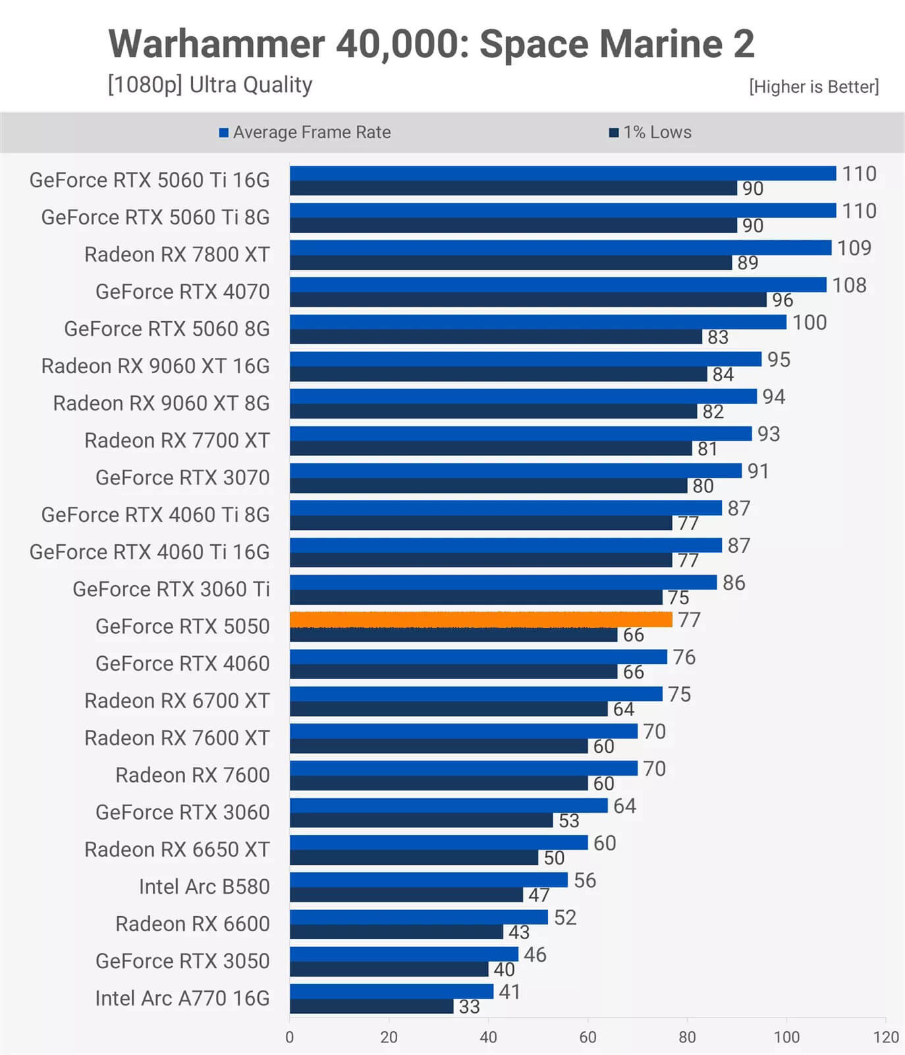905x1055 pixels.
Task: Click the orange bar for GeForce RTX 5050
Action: coord(481,619)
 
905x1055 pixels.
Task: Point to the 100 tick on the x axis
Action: coord(786,1037)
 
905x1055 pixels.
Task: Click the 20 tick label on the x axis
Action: coord(389,1037)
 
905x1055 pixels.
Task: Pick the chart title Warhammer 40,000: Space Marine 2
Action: coord(431,44)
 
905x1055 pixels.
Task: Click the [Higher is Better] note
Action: coord(813,86)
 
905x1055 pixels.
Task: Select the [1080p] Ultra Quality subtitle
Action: coord(210,85)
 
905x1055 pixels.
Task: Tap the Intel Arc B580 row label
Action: coord(204,887)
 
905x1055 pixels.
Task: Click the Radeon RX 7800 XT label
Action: coord(177,254)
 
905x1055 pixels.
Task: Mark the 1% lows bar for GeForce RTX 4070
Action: coord(528,300)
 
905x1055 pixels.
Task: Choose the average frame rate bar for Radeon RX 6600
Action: coord(418,917)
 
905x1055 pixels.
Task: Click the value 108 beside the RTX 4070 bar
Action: coord(849,285)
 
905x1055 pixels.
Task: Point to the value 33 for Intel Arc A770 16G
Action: coord(469,1007)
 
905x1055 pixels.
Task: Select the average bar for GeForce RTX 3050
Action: coord(404,954)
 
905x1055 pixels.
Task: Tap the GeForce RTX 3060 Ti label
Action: coord(171,589)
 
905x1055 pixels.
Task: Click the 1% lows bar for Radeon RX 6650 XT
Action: coord(414,858)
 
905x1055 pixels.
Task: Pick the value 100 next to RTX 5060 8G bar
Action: coord(809,322)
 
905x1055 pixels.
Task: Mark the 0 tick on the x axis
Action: coord(290,1037)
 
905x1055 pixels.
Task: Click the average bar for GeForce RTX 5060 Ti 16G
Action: coord(562,173)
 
